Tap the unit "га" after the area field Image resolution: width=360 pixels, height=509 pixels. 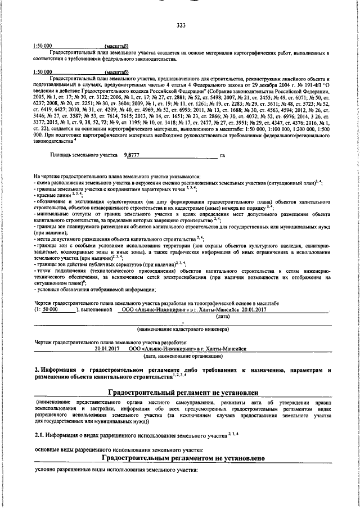pyautogui.click(x=223, y=155)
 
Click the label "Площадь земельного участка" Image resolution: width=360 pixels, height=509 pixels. pyautogui.click(x=84, y=155)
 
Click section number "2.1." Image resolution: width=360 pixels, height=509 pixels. pyautogui.click(x=40, y=434)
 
